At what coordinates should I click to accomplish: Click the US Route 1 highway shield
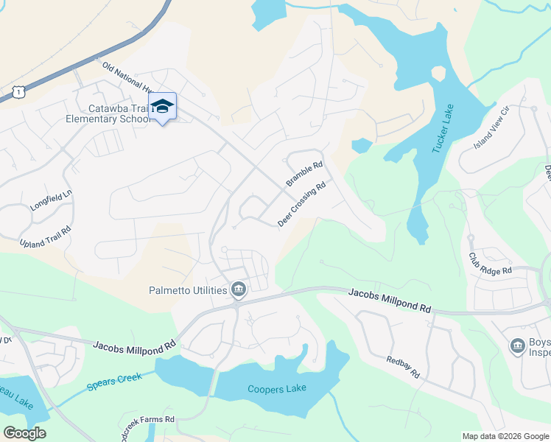20,91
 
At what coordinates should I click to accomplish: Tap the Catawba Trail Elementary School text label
108,113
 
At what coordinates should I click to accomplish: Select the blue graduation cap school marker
162,107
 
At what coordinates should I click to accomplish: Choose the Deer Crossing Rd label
301,205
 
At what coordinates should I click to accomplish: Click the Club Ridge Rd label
490,264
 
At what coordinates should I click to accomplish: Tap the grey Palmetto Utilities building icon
238,290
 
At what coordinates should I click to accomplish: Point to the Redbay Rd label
404,367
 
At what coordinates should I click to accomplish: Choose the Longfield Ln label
52,203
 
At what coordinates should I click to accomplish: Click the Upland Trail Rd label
46,231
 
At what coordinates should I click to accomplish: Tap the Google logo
24,433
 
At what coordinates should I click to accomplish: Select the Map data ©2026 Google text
505,436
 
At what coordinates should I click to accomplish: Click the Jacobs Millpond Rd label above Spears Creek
134,345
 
